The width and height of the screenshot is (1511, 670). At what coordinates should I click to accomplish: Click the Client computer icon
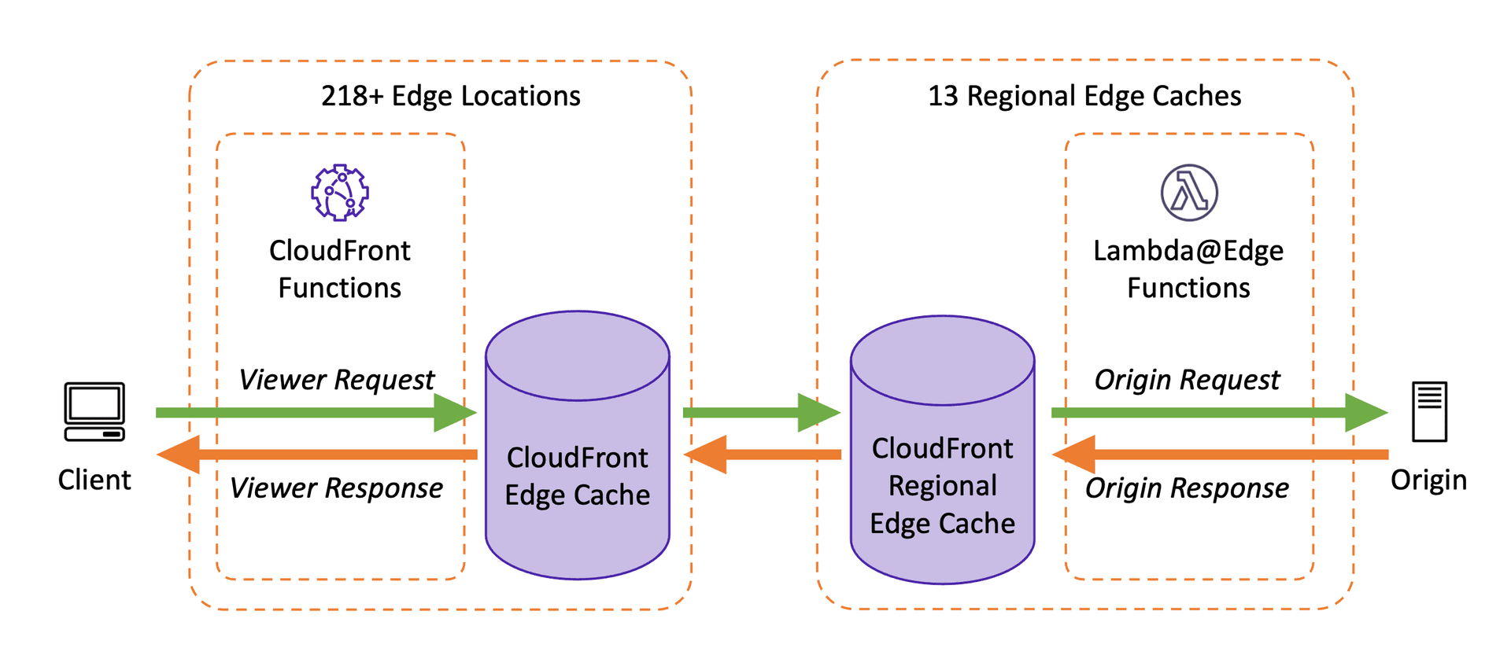94,411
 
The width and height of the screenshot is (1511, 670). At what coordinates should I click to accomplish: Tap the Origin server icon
1429,411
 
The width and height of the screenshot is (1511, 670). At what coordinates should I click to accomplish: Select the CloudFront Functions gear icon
340,192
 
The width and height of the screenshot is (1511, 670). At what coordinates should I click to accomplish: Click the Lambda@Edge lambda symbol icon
1189,193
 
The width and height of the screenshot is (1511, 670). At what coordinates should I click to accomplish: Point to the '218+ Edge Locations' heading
450,96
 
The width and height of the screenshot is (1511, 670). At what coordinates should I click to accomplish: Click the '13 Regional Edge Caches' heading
1084,96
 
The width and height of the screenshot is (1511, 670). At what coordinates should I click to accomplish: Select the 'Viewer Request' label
337,380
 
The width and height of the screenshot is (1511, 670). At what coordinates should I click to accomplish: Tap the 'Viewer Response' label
337,488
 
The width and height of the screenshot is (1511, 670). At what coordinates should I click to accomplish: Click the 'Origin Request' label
1188,380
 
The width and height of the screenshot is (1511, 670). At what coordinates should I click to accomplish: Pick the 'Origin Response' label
1188,488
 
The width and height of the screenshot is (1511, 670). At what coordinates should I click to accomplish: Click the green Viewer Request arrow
315,413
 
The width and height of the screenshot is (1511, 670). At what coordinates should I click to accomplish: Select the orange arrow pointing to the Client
315,455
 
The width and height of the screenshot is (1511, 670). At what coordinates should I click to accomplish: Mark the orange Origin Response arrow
1220,455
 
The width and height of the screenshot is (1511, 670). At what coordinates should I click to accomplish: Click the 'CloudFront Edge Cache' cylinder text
578,477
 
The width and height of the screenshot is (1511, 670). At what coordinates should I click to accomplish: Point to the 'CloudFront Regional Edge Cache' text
942,486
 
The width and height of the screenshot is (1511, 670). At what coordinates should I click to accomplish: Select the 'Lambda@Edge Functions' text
1188,269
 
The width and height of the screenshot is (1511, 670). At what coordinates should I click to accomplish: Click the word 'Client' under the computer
94,480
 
